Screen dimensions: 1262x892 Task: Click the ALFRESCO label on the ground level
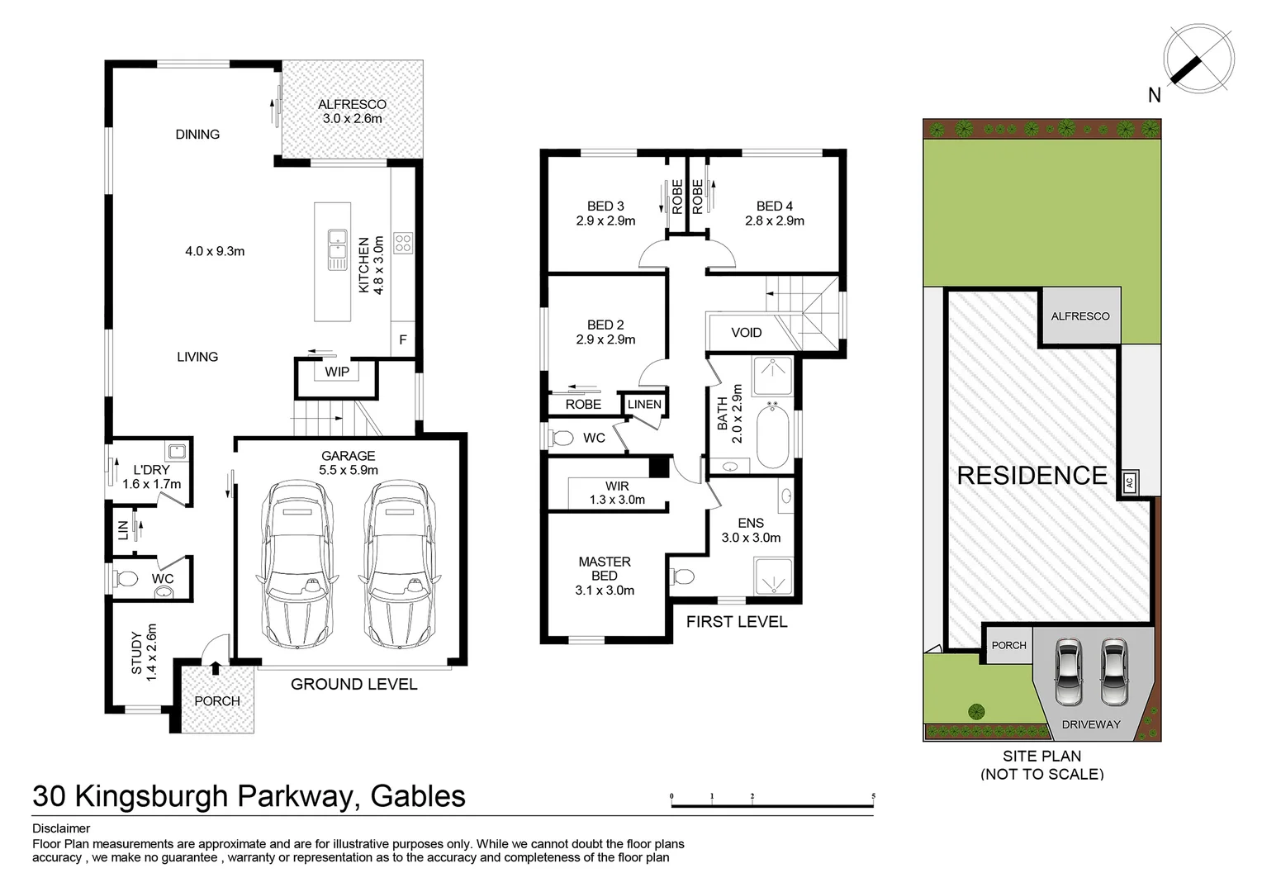point(352,104)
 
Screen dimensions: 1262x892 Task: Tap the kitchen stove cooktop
point(403,243)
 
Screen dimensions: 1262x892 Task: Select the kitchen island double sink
point(338,249)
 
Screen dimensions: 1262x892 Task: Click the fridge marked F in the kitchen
point(403,339)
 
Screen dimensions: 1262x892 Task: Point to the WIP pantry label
point(337,372)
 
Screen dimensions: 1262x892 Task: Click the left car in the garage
point(297,564)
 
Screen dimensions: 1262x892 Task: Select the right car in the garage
point(400,564)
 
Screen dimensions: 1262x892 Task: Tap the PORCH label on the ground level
point(217,701)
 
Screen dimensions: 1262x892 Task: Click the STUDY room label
point(144,652)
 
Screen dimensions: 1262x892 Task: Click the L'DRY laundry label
point(151,470)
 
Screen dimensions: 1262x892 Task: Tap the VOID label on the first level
point(747,333)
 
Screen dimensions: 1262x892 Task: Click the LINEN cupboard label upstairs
point(644,404)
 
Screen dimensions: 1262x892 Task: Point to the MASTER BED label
point(605,568)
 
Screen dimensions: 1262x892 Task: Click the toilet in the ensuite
point(681,576)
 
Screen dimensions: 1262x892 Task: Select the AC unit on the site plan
point(1130,482)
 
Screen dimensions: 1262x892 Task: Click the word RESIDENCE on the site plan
point(1032,476)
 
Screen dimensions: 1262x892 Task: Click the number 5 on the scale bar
point(873,796)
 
